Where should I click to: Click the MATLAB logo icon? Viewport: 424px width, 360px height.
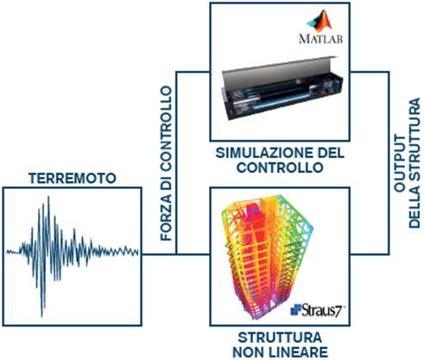tap(320, 21)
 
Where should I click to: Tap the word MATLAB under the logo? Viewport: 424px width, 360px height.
tap(321, 39)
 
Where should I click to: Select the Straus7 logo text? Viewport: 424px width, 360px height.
tap(318, 310)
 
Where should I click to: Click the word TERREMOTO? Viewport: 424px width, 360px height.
tap(73, 179)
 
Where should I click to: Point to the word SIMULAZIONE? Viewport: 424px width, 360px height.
tap(264, 153)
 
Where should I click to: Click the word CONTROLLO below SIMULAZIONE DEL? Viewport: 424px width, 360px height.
tap(280, 167)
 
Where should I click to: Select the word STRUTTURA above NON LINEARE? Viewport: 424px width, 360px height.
tap(280, 338)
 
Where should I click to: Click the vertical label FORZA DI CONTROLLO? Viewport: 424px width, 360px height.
tap(166, 163)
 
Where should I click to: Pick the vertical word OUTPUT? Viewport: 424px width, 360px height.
tap(399, 163)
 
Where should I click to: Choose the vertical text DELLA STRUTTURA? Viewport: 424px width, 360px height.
tap(415, 163)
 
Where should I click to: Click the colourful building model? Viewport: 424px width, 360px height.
tap(266, 256)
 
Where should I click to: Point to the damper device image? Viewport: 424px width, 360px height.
tap(282, 88)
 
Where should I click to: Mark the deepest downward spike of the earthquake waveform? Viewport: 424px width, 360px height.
tap(42, 316)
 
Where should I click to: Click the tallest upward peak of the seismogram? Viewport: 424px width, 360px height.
tap(48, 198)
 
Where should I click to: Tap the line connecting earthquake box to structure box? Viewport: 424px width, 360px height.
tap(176, 255)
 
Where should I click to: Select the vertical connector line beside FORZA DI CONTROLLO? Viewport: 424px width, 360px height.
tap(176, 163)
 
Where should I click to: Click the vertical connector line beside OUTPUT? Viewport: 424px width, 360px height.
tap(389, 163)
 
